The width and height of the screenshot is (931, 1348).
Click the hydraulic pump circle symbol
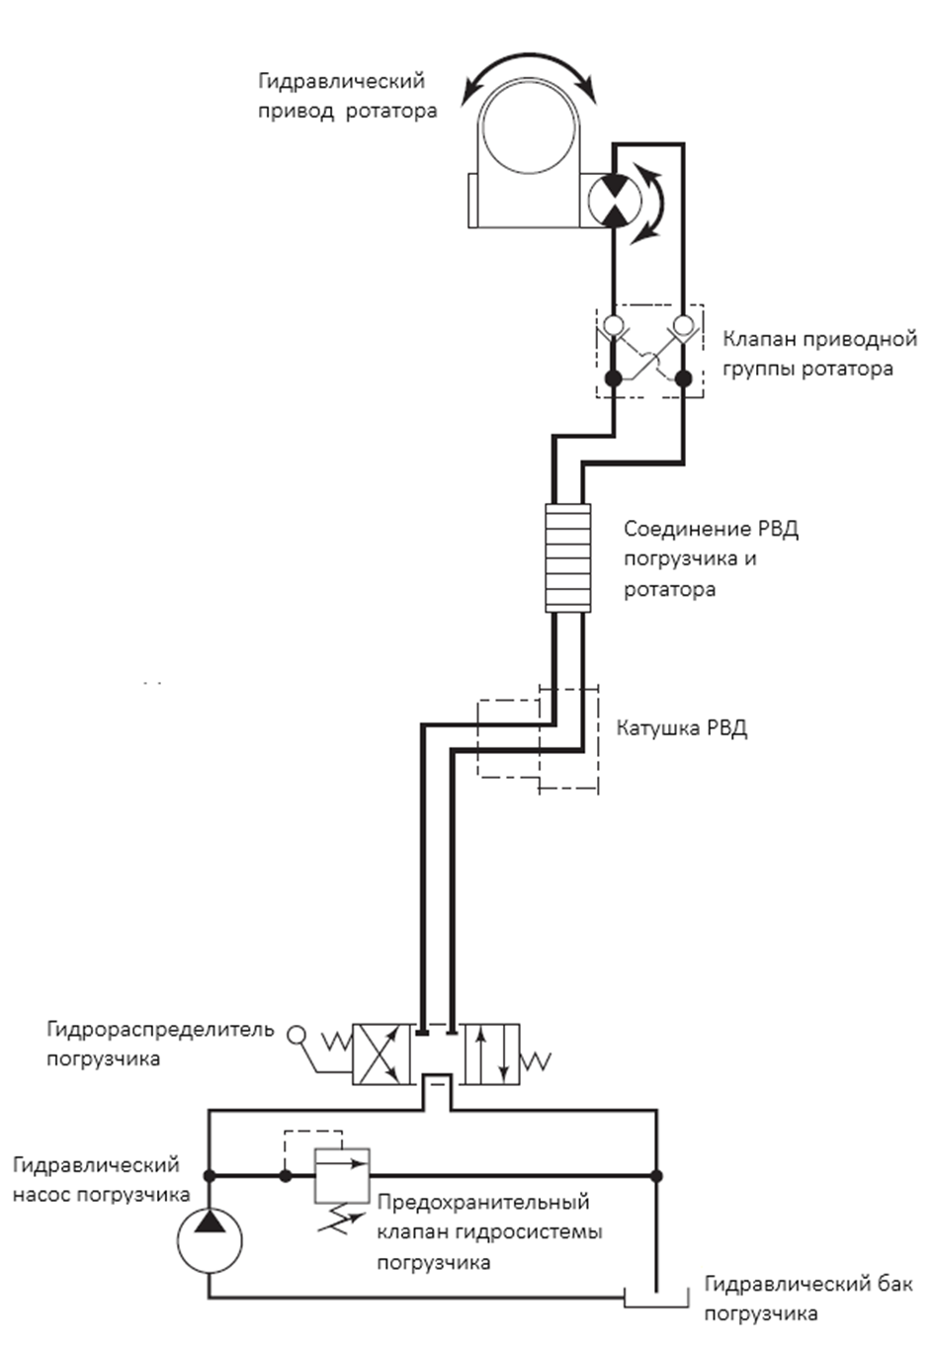[210, 1241]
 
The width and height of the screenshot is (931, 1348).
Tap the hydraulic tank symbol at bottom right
[656, 1298]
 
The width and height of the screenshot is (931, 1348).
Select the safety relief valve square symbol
[342, 1176]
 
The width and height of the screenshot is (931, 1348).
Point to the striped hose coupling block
[567, 557]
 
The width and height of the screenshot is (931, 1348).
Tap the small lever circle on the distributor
[296, 1035]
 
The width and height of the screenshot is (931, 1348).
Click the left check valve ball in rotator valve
[614, 325]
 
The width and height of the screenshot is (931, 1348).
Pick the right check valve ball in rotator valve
[683, 325]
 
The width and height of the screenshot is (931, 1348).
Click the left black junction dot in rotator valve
[613, 379]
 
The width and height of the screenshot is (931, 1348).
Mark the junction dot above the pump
[210, 1175]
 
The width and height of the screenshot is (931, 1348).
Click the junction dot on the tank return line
[656, 1175]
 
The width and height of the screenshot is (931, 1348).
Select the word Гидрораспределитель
[160, 1030]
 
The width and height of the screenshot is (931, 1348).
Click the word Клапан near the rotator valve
[758, 339]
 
